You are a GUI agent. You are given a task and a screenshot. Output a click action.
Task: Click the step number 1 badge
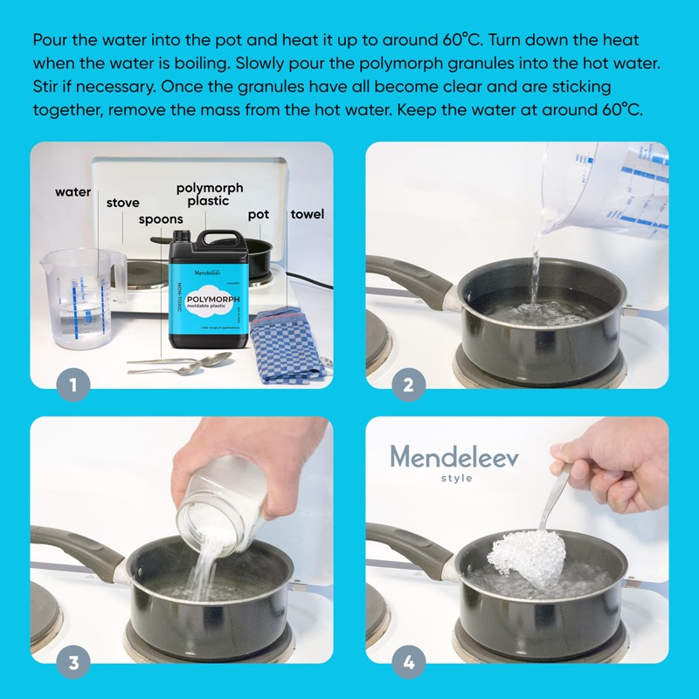(73, 382)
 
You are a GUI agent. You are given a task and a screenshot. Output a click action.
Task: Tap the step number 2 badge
(408, 382)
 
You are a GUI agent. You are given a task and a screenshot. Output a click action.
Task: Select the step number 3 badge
(73, 661)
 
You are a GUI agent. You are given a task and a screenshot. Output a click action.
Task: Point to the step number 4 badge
(408, 661)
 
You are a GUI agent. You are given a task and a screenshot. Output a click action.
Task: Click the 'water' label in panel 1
(73, 191)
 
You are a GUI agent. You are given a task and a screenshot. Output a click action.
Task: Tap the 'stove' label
(122, 203)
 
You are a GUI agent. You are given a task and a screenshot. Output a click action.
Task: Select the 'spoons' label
(161, 219)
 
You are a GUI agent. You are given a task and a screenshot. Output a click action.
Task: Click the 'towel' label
(307, 213)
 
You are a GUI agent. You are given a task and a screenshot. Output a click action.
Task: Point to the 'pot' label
(258, 213)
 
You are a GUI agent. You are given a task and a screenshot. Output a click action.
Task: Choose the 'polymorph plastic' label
(210, 194)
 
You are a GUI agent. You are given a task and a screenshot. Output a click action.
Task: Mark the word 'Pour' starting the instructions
(52, 40)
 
